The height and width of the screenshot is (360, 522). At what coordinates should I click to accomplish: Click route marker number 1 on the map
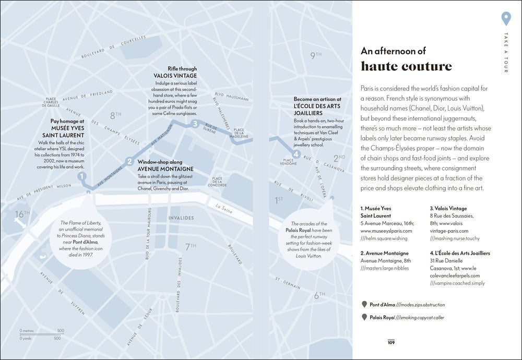[81, 177]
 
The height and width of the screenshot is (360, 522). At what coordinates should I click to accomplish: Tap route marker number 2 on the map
[129, 161]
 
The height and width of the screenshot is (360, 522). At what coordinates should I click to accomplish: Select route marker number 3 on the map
[195, 124]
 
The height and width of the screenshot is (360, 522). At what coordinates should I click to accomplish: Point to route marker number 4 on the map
[295, 154]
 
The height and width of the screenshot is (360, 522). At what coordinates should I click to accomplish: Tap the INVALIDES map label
[181, 218]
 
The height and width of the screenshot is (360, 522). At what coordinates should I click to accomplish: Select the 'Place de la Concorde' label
[217, 182]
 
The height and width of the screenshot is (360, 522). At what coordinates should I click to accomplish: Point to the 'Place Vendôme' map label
[288, 162]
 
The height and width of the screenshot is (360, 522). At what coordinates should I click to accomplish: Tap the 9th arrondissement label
[316, 55]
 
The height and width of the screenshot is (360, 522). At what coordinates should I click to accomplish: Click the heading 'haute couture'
[406, 67]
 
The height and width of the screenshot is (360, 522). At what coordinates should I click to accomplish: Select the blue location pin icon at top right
[505, 18]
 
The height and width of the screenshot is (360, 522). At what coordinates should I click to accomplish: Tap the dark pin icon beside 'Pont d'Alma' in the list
[364, 304]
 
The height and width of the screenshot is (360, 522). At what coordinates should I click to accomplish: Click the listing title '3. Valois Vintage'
[448, 209]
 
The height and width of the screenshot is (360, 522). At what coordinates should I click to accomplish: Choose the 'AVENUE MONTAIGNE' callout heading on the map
[165, 169]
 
